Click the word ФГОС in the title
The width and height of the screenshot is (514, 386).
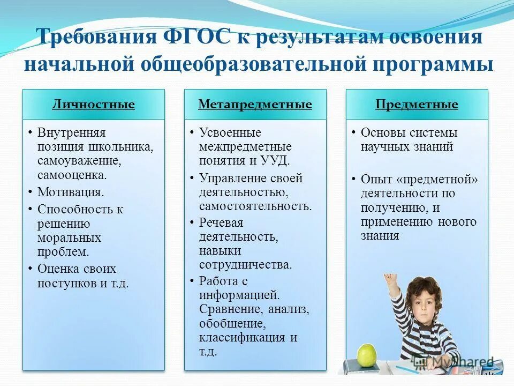pos(196,38)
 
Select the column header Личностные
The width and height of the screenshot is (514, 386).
pos(93,104)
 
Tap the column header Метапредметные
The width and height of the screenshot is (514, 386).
pos(255,104)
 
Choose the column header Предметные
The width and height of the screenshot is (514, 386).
pos(417,104)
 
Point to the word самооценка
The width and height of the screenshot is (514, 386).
pos(71,174)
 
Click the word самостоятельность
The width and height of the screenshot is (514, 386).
pos(255,206)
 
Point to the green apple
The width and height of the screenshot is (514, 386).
pos(367,354)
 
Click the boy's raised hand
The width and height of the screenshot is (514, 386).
pos(389,280)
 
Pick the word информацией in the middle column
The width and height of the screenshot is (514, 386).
pos(239,294)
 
